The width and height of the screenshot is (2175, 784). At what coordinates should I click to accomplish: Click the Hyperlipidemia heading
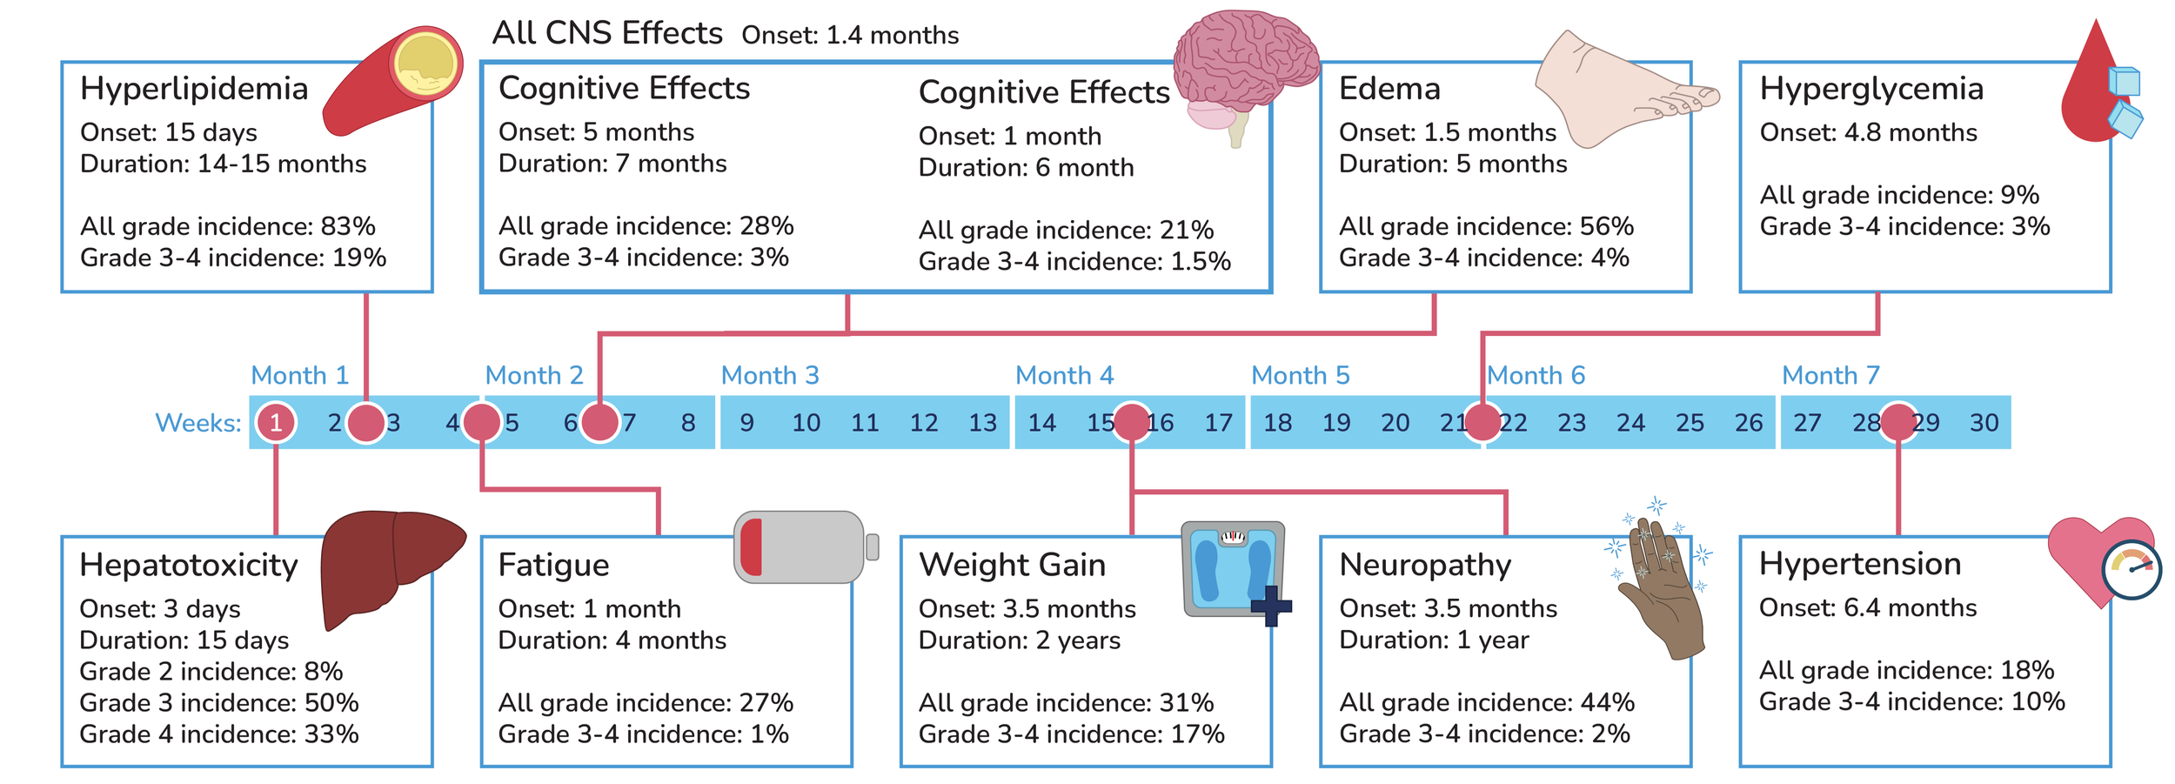pos(194,89)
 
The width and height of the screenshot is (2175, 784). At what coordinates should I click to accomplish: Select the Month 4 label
pos(1064,376)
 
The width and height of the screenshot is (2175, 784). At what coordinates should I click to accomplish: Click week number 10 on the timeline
pos(806,423)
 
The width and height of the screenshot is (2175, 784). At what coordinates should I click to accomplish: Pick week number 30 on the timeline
pos(1984,423)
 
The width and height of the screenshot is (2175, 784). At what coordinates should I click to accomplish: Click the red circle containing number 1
pos(276,423)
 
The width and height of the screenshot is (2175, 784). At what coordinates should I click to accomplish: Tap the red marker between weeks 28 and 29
pos(1898,423)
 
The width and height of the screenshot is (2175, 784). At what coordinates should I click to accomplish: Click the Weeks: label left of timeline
pos(198,423)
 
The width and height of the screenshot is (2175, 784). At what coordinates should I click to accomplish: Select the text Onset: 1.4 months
pos(850,36)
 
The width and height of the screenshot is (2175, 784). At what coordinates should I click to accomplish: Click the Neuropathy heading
pos(1425,565)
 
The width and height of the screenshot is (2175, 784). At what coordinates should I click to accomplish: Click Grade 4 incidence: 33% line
pos(219,734)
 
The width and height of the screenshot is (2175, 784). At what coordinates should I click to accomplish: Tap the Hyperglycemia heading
pos(1871,89)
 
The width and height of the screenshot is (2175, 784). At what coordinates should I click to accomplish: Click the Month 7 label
pos(1830,376)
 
